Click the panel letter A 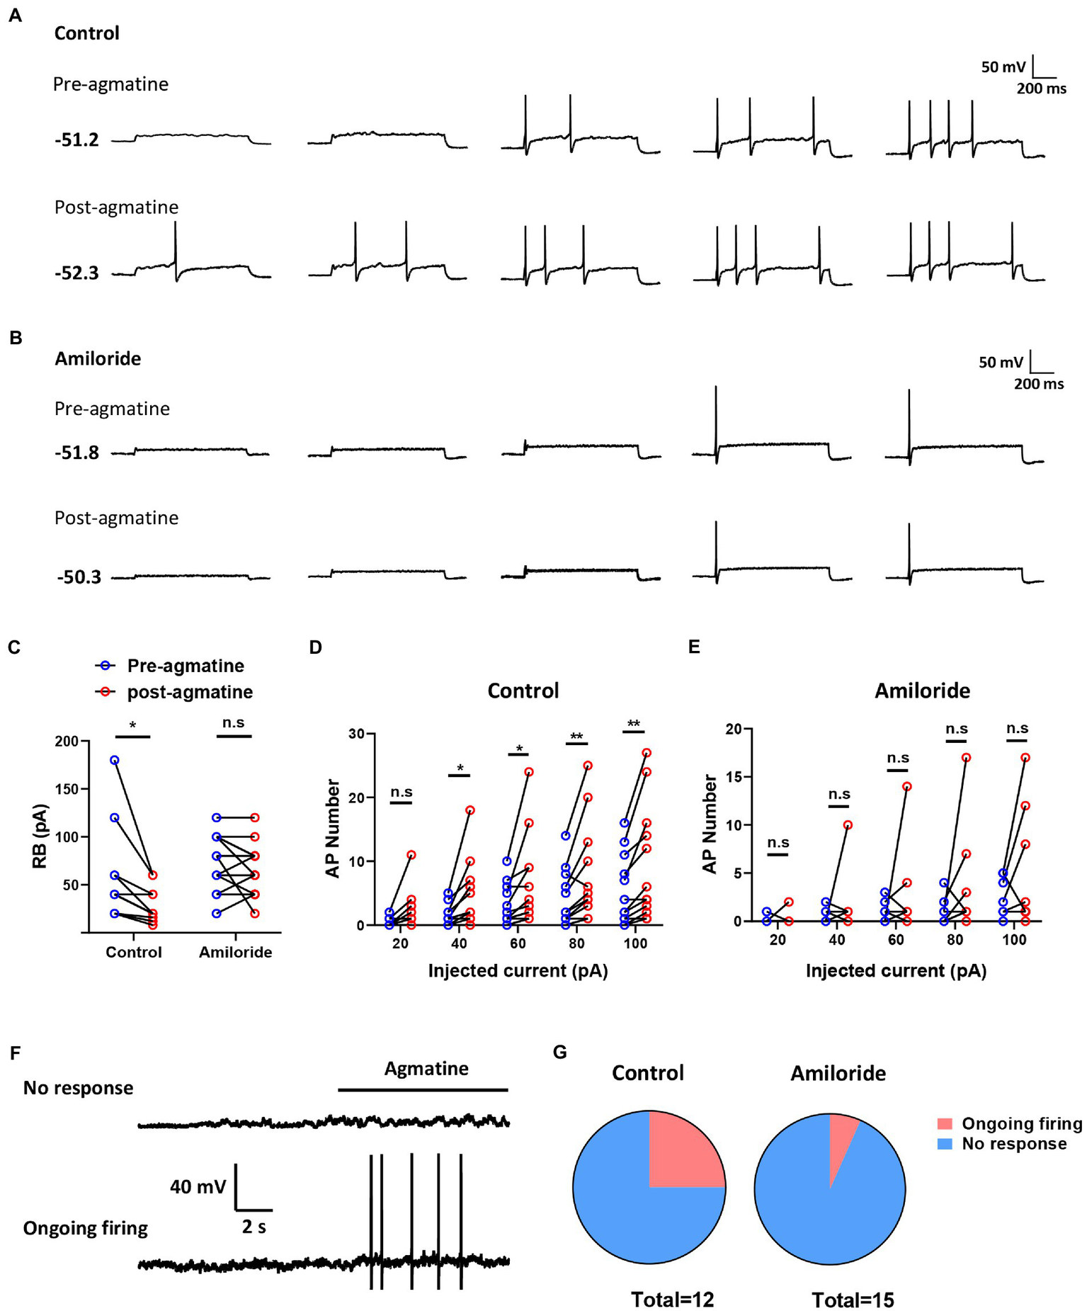point(14,16)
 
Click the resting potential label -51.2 point(77,140)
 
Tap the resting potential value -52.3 point(77,273)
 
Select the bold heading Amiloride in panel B point(98,358)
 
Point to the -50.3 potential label point(79,577)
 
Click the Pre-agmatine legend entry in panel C point(186,666)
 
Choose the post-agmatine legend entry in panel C point(190,692)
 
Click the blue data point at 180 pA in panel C point(115,760)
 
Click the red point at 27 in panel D point(647,753)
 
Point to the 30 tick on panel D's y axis point(356,734)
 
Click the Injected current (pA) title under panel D point(518,970)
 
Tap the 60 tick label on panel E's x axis point(896,940)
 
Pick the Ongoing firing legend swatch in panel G point(944,1124)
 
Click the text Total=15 point(853,1300)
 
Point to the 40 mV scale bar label point(198,1186)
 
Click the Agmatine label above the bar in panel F point(426,1069)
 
